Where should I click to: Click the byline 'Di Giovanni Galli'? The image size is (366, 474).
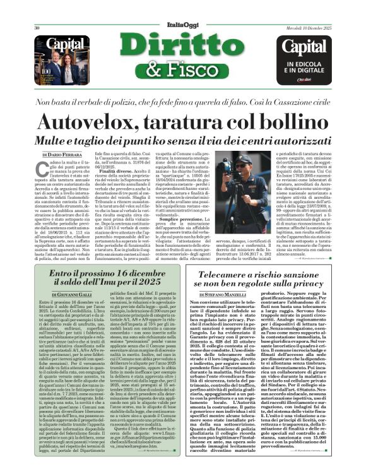57,286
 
